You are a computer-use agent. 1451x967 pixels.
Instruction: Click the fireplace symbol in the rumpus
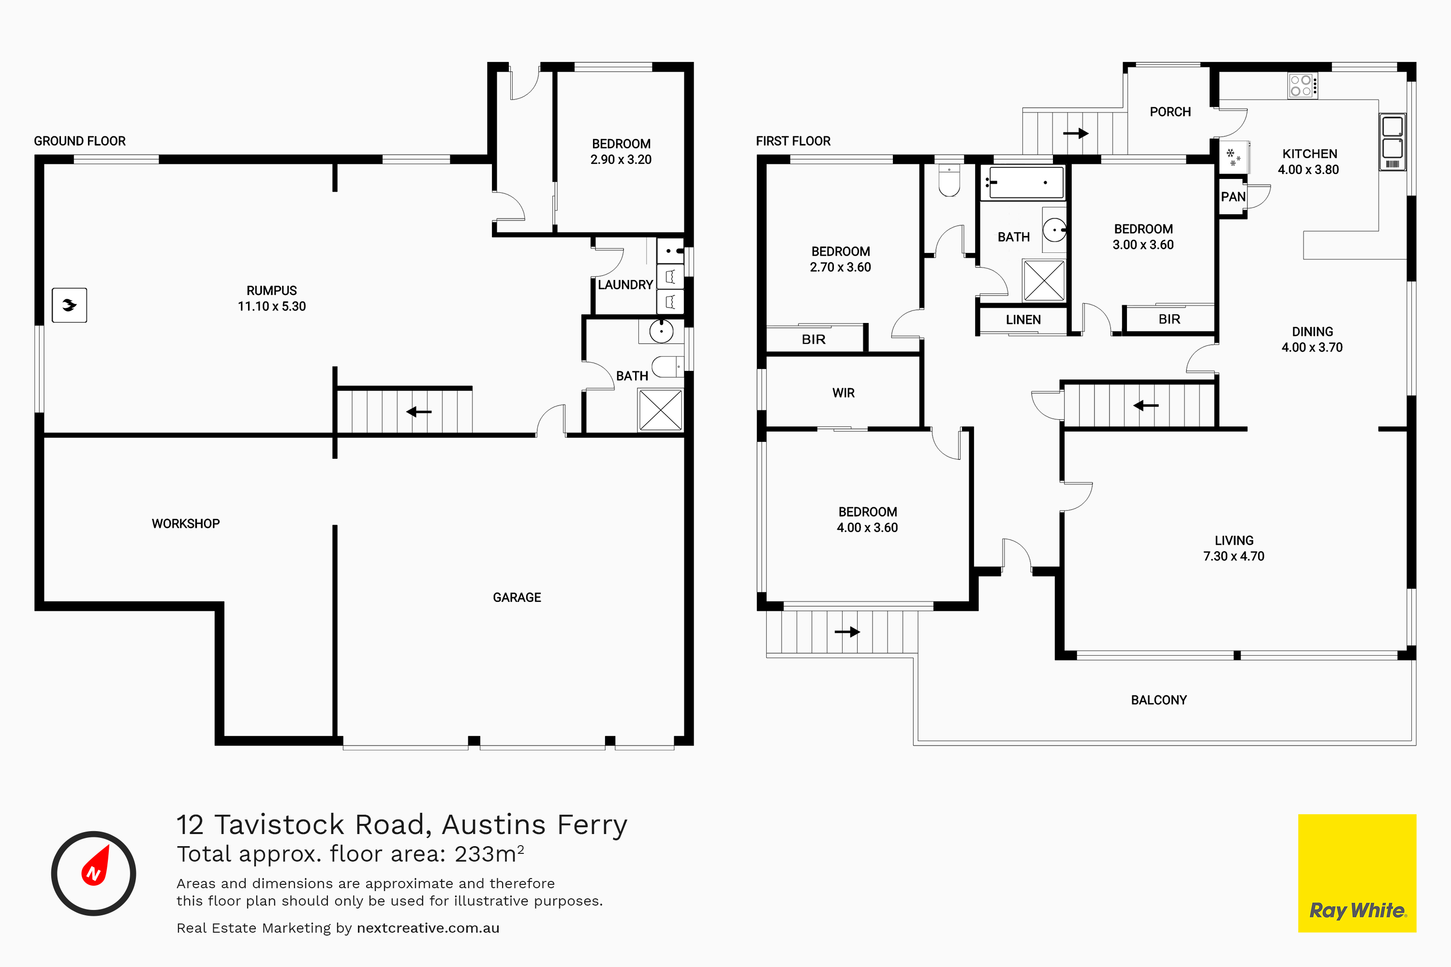(x=69, y=305)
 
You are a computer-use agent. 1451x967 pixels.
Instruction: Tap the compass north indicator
(x=94, y=873)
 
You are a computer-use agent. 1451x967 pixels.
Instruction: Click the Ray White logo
(x=1357, y=873)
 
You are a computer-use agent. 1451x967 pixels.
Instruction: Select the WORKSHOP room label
(x=186, y=524)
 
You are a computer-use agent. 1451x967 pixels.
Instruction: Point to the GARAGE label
(x=517, y=597)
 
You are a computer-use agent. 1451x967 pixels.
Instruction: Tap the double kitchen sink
(x=1392, y=142)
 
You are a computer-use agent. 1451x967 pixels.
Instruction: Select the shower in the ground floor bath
(x=660, y=410)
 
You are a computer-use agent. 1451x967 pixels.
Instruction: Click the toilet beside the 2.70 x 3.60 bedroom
(x=949, y=180)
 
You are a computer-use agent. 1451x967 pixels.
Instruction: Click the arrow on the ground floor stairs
(x=419, y=411)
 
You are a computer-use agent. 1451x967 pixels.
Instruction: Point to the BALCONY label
(x=1158, y=700)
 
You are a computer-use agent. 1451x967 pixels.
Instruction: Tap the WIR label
(x=844, y=393)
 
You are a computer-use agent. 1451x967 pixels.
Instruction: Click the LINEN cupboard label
(x=1023, y=320)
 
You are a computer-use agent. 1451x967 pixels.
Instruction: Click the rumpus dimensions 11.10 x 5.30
(x=271, y=306)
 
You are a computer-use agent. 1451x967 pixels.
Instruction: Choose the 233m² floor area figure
(x=489, y=853)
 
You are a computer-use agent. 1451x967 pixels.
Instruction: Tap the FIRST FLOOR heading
(x=793, y=141)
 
